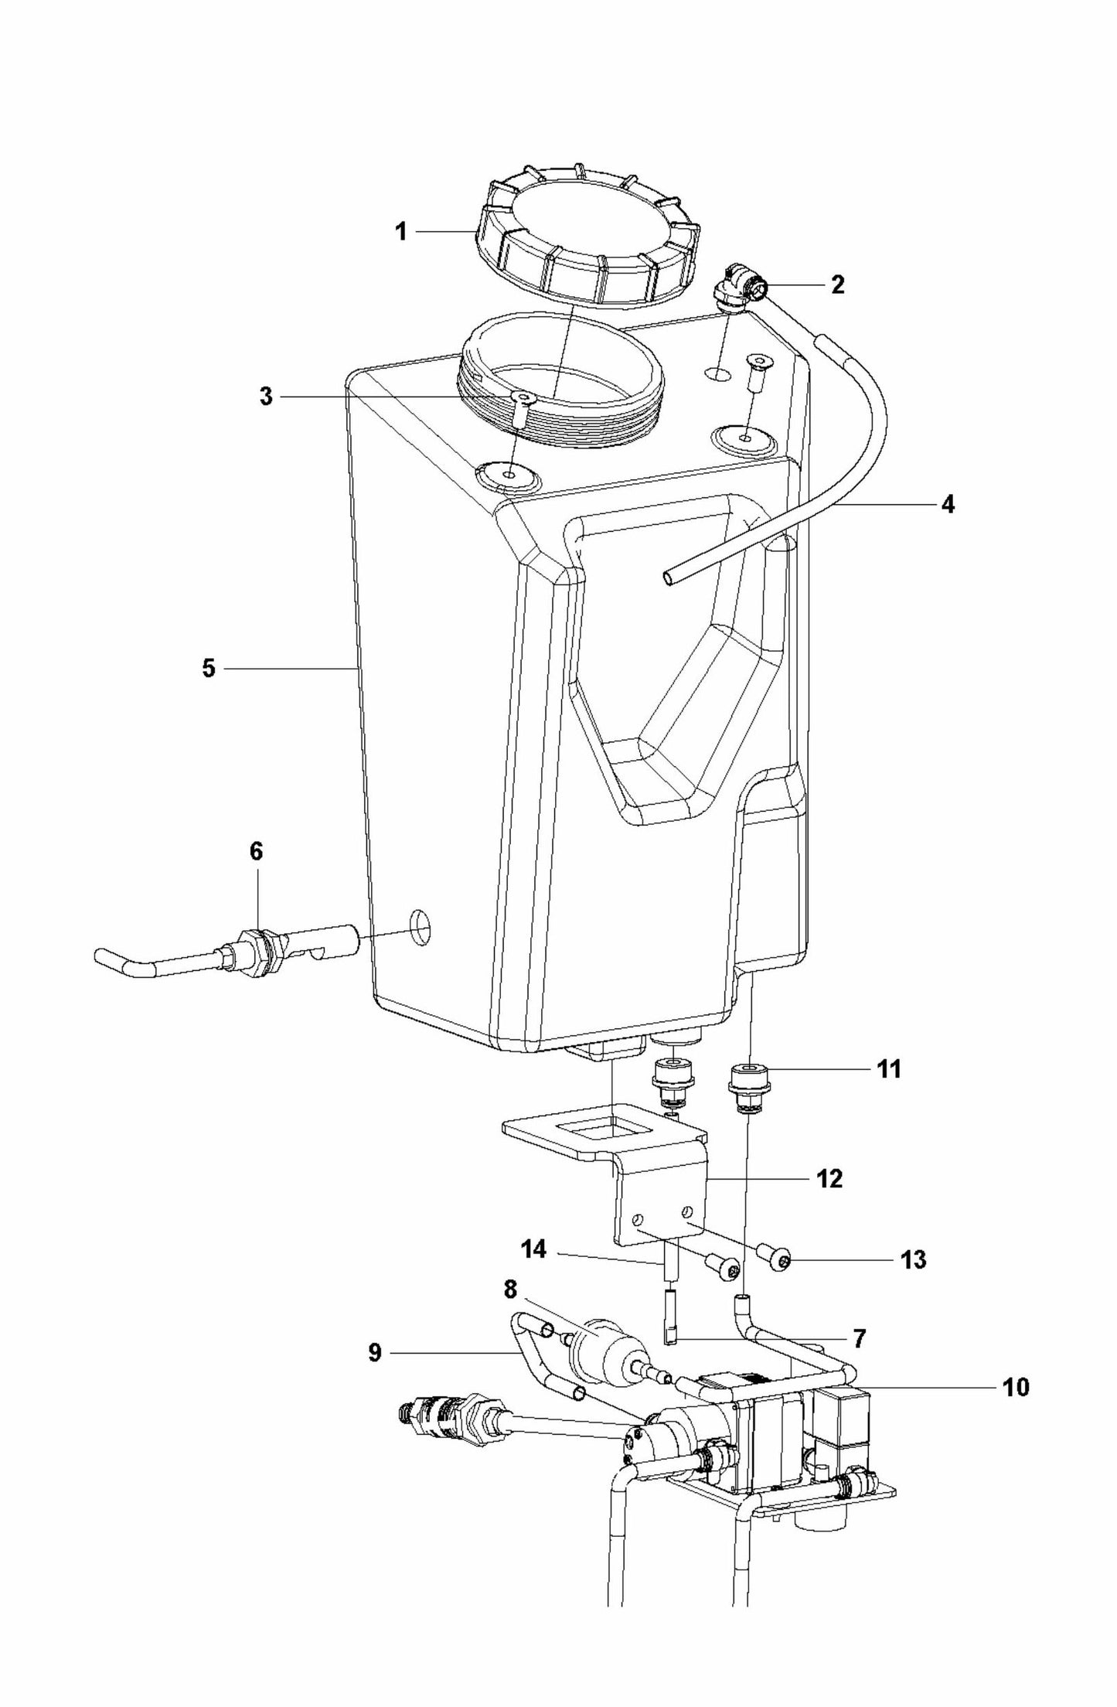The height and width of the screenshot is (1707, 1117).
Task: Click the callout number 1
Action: coord(400,231)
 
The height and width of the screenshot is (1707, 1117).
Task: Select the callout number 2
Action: coord(838,285)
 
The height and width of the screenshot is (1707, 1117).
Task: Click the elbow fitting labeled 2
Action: coord(740,288)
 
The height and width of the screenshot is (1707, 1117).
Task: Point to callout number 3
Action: coord(266,398)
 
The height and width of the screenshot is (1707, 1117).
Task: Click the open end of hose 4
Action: coord(668,576)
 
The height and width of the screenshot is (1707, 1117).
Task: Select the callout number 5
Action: coord(209,668)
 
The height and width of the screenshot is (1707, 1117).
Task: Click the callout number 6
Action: coord(256,852)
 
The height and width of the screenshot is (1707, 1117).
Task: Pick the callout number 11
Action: coord(889,1070)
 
